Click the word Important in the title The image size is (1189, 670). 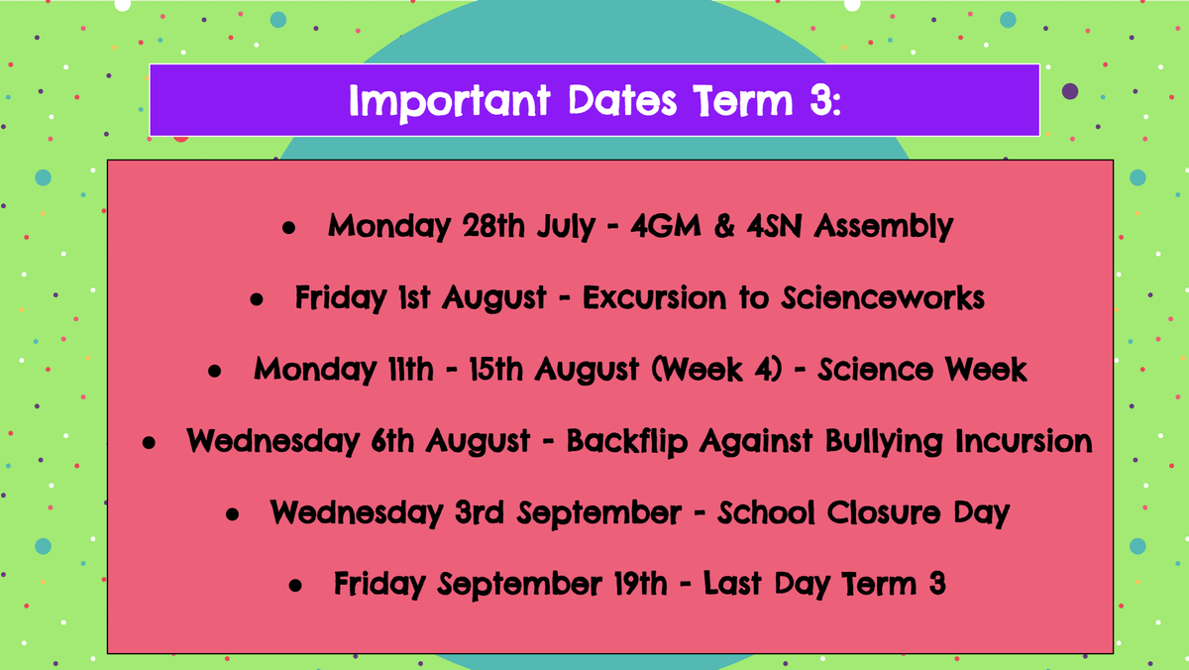[450, 102]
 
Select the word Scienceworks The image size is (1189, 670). [883, 297]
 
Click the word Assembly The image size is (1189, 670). [884, 227]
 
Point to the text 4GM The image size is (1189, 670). [666, 225]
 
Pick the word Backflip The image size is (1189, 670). [627, 442]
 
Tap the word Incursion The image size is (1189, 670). [1024, 441]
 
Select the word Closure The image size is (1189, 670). [883, 512]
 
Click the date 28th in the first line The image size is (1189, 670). [493, 225]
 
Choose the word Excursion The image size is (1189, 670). [654, 297]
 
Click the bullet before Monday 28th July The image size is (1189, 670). [288, 228]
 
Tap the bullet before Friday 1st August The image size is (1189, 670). [257, 299]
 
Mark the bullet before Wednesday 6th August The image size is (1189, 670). [149, 443]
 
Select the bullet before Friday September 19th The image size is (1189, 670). [295, 586]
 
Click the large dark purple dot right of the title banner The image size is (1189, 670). [1070, 91]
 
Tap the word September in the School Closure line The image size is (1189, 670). [599, 513]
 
